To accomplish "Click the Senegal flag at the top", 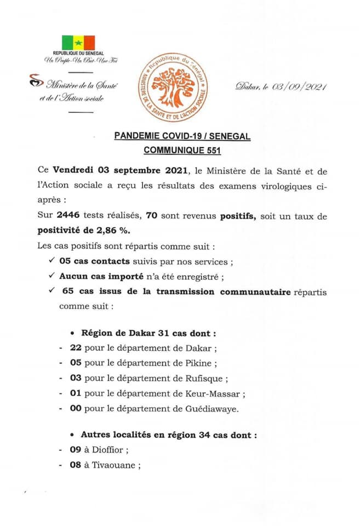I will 78,43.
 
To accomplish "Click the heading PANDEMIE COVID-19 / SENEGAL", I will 182,135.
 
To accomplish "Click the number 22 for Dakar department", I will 76,347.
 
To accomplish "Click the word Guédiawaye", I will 215,409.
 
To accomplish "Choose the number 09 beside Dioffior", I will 76,450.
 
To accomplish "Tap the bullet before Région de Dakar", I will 73,333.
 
